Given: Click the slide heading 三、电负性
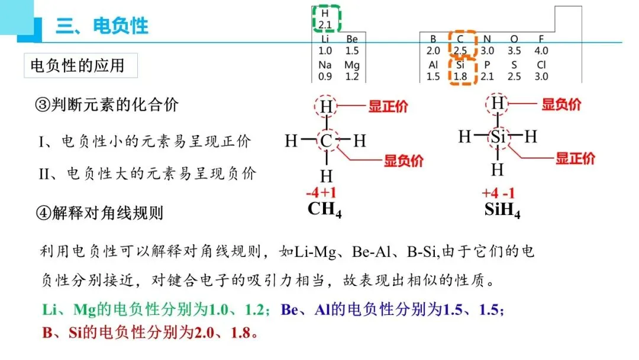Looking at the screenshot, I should (102, 25).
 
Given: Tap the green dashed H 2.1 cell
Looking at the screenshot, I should (325, 18).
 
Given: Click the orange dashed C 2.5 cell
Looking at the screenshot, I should (461, 45).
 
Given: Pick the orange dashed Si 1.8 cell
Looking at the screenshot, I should (461, 70).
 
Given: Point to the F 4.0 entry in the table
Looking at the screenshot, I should (541, 45).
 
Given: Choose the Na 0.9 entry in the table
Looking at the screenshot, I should (325, 70).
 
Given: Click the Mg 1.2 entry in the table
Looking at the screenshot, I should (351, 70).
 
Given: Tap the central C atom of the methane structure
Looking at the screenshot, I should (326, 141).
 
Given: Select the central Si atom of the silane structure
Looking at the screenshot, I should (498, 137).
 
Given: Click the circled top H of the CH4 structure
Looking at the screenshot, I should (326, 107).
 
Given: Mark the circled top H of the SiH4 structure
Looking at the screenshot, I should (498, 104).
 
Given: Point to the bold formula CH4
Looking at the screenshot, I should (324, 210).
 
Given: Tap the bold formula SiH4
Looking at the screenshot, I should (502, 210).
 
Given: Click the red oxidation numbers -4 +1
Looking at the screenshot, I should (321, 194).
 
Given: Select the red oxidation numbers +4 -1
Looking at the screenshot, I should (499, 194).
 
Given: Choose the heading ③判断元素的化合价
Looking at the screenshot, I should (106, 105).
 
